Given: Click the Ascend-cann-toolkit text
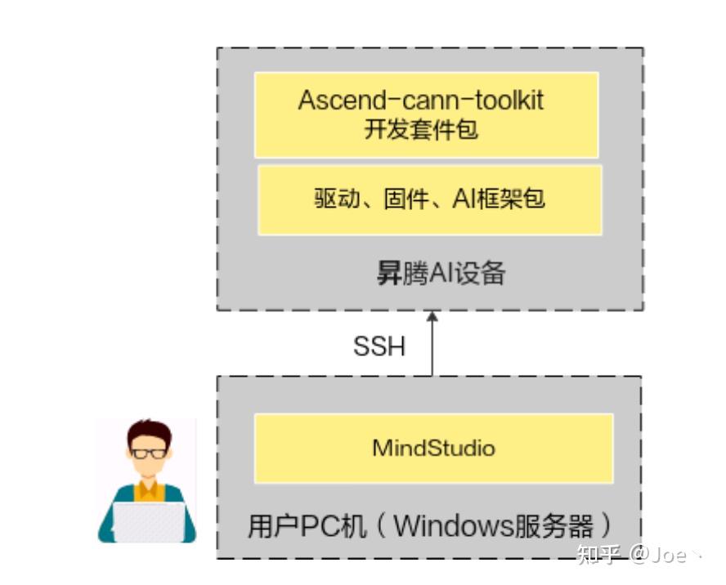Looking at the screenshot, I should [x=421, y=100].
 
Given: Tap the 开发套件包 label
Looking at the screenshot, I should [x=421, y=129].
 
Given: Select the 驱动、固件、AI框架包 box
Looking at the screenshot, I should [x=430, y=200].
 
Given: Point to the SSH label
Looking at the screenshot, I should [x=379, y=346].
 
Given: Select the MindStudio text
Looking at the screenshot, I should [x=433, y=448].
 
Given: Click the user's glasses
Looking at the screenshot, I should [x=150, y=453].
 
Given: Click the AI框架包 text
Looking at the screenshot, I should [x=499, y=199].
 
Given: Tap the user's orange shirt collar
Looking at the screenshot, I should [x=149, y=489].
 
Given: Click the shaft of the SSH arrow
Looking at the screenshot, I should [x=432, y=351].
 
